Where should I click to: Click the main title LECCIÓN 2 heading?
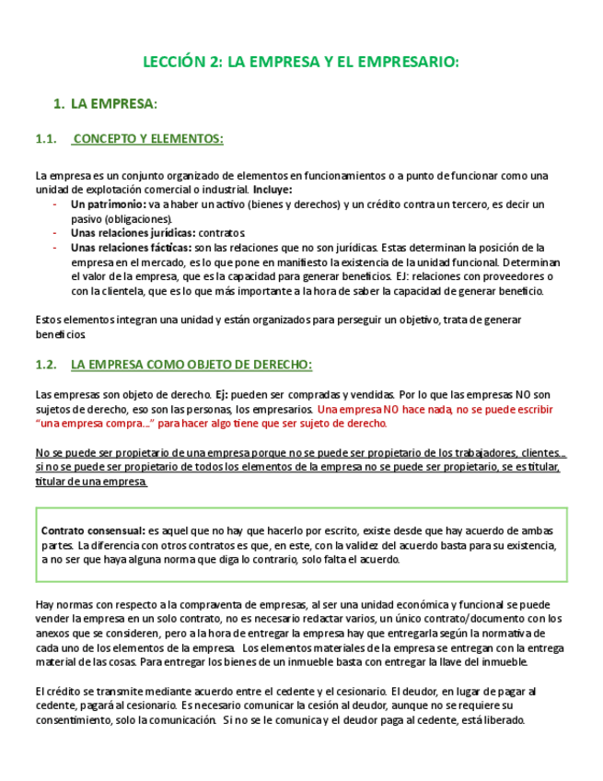300,63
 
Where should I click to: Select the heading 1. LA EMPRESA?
113,104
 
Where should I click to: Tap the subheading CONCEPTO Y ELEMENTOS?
147,139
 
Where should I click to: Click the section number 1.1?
46,139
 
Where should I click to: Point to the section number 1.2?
46,365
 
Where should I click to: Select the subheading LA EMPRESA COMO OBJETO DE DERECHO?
191,365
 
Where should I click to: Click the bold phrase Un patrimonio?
108,204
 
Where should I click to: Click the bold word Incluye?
273,190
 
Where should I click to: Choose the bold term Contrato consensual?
93,531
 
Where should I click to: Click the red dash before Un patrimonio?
54,204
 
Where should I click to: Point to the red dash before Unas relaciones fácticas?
54,248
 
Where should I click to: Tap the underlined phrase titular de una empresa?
91,483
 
